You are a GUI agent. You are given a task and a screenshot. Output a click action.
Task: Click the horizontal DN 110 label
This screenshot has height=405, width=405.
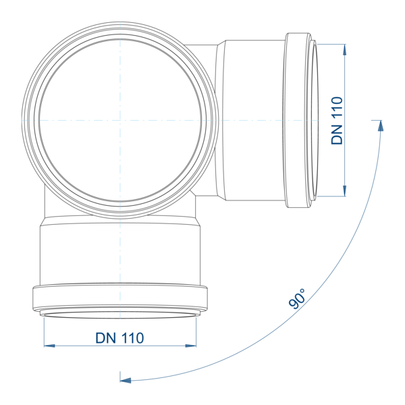pyautogui.click(x=119, y=338)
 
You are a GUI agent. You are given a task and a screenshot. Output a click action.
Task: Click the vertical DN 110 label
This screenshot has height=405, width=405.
pyautogui.click(x=337, y=120)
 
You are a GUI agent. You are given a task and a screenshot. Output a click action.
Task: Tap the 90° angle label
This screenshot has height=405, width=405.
pyautogui.click(x=297, y=299)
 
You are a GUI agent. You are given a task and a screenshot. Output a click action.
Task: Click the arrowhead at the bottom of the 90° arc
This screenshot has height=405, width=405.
pyautogui.click(x=126, y=380)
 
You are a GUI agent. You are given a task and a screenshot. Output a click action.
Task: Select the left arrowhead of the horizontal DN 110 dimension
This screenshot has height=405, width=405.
pyautogui.click(x=49, y=346)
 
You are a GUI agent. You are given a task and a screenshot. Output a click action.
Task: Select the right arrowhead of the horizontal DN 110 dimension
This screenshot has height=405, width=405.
pyautogui.click(x=191, y=346)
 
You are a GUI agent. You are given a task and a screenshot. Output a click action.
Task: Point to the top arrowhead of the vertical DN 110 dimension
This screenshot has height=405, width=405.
pyautogui.click(x=344, y=49)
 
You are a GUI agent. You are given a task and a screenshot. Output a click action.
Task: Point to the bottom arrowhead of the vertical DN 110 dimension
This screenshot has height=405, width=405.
pyautogui.click(x=344, y=191)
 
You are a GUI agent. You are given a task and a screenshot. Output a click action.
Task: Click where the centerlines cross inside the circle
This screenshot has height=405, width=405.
pyautogui.click(x=120, y=120)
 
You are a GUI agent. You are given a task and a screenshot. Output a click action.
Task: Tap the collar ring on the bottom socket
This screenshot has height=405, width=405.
pyautogui.click(x=120, y=297)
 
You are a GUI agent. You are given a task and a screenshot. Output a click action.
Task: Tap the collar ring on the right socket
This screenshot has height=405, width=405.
pyautogui.click(x=297, y=120)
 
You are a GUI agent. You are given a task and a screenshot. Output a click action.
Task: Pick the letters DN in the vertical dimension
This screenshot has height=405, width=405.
pyautogui.click(x=337, y=134)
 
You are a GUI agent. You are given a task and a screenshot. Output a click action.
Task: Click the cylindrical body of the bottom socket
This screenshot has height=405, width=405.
pyautogui.click(x=120, y=253)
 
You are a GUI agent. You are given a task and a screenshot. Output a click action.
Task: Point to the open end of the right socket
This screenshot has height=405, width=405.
pyautogui.click(x=315, y=120)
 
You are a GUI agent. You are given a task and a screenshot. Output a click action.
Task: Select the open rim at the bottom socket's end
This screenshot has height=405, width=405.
pyautogui.click(x=120, y=315)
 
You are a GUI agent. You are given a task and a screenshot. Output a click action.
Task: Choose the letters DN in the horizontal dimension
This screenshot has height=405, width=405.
pyautogui.click(x=106, y=338)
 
